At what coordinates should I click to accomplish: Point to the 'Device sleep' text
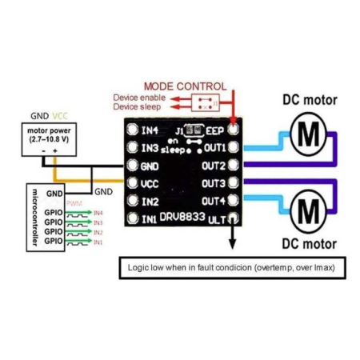[x=139, y=106]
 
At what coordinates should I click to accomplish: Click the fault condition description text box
[x=231, y=267]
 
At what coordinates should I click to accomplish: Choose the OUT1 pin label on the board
[x=214, y=148]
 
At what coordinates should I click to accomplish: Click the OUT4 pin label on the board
[x=214, y=201]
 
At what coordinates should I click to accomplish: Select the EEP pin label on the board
[x=215, y=130]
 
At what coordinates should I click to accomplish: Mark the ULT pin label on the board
[x=216, y=218]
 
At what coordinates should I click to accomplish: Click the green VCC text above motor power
[x=61, y=114]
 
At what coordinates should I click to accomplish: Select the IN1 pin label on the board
[x=149, y=218]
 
